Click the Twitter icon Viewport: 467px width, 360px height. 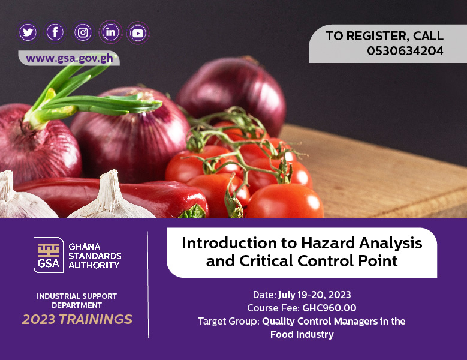tap(28, 32)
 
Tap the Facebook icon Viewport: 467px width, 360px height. tap(55, 32)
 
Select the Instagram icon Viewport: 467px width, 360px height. tap(83, 32)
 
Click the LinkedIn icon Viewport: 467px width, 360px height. tap(110, 32)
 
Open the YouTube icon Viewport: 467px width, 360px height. tap(138, 33)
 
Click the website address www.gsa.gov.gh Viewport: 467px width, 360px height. tap(70, 58)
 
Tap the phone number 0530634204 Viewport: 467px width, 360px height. tap(405, 51)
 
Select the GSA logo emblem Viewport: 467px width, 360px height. tap(49, 255)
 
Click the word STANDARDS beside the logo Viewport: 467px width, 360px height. tap(95, 256)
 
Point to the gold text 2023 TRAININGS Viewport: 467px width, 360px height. tap(77, 319)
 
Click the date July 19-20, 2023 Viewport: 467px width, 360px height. tap(315, 295)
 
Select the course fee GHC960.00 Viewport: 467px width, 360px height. tap(329, 308)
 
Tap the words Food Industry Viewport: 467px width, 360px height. tap(302, 334)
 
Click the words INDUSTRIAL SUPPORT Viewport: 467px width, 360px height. tap(77, 296)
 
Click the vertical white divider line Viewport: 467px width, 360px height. tap(148, 284)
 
